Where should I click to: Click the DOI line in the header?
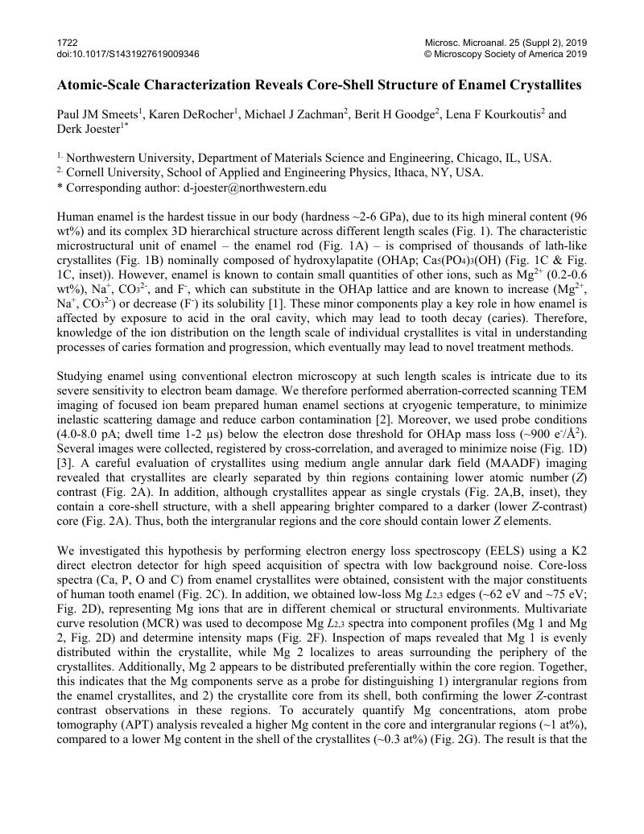[x=128, y=54]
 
